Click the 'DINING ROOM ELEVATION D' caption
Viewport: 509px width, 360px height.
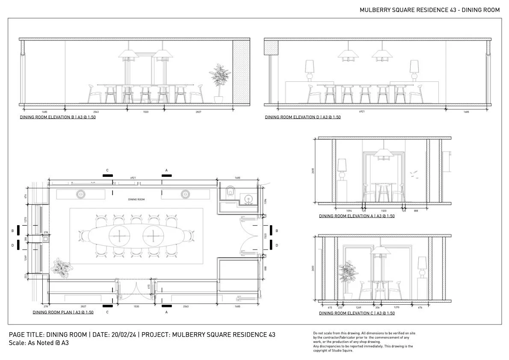click(302, 117)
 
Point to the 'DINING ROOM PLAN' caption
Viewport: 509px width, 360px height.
click(63, 312)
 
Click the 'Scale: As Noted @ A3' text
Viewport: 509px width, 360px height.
click(38, 343)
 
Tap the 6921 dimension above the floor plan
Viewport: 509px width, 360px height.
click(133, 177)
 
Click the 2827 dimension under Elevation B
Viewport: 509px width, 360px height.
click(198, 112)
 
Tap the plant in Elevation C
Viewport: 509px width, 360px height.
click(347, 276)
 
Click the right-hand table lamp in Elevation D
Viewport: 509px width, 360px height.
click(414, 70)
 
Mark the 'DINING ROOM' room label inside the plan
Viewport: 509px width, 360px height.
click(136, 200)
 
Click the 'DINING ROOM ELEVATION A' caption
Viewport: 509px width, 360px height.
click(357, 216)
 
